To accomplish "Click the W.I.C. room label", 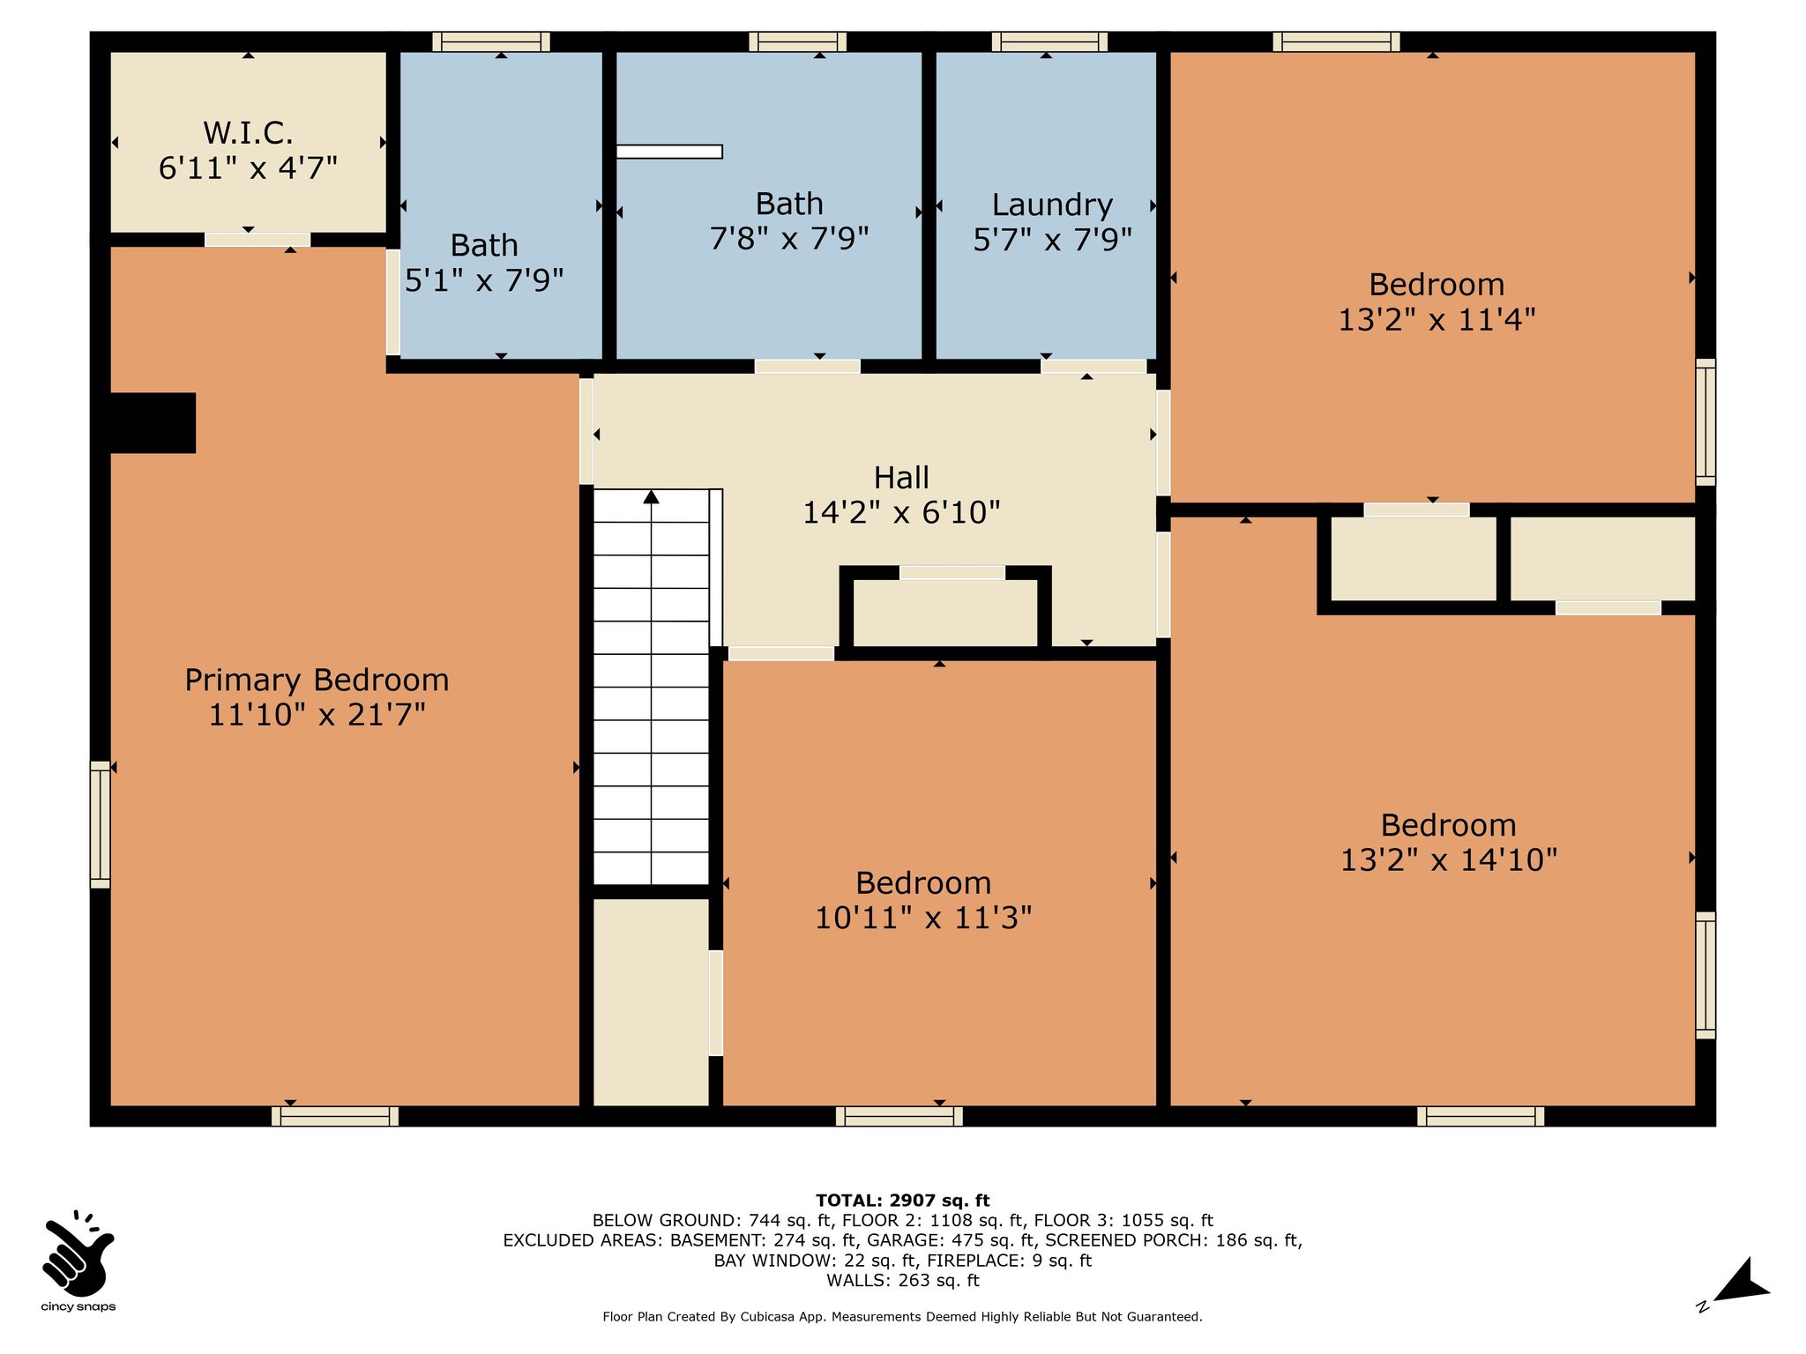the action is pyautogui.click(x=248, y=133).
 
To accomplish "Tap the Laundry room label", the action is pyautogui.click(x=1052, y=205).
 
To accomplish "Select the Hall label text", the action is pyautogui.click(x=901, y=478).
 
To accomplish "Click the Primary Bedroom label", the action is pyautogui.click(x=317, y=681).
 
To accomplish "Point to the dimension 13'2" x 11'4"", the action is pyautogui.click(x=1437, y=319).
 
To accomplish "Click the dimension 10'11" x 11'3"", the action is pyautogui.click(x=923, y=918).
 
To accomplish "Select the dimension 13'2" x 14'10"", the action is pyautogui.click(x=1449, y=859).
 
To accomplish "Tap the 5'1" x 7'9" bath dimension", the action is pyautogui.click(x=484, y=280).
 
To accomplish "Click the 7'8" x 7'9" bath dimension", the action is pyautogui.click(x=789, y=238).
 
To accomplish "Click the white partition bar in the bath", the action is pyautogui.click(x=669, y=152).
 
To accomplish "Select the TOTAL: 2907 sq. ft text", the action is pyautogui.click(x=903, y=1201).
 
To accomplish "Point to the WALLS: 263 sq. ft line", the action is pyautogui.click(x=903, y=1281).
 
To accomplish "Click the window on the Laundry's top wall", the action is pyautogui.click(x=1049, y=41).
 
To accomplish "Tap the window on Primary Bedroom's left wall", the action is pyautogui.click(x=101, y=825).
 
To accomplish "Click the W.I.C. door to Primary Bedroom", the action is pyautogui.click(x=257, y=240).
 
